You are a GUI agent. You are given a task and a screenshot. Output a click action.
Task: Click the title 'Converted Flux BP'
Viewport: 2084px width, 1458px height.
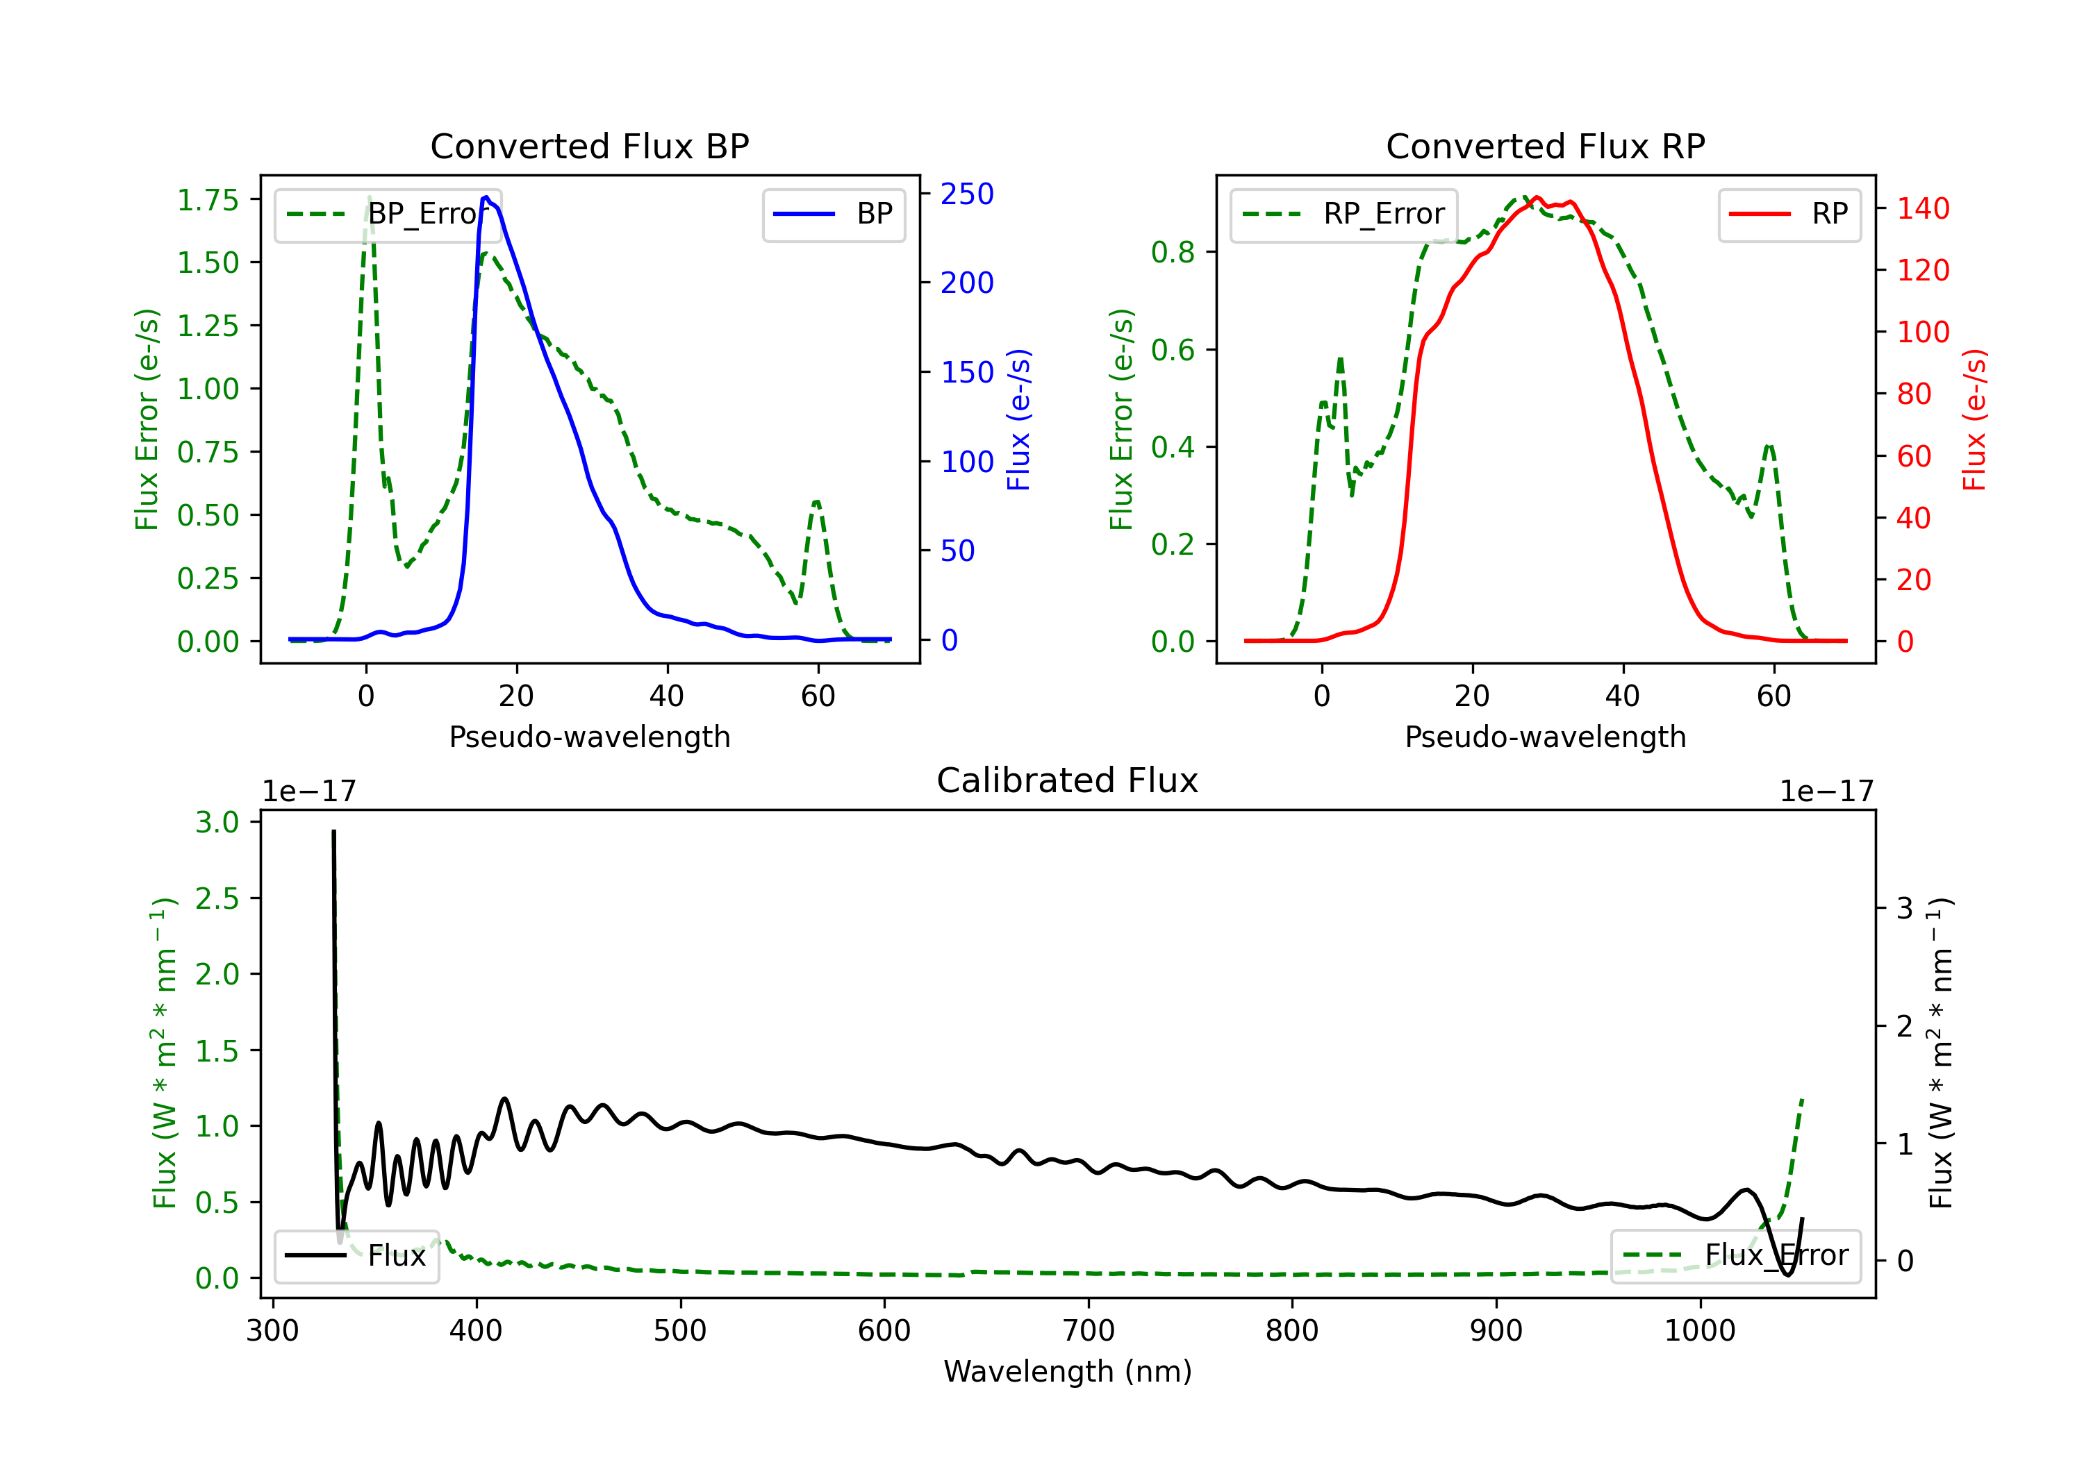tap(589, 146)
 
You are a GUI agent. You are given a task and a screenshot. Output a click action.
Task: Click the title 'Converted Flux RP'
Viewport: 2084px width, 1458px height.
tap(1545, 146)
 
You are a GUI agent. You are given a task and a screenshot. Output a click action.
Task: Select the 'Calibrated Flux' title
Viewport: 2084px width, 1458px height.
tap(1068, 780)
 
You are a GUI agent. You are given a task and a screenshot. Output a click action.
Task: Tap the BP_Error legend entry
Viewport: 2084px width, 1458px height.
tap(388, 214)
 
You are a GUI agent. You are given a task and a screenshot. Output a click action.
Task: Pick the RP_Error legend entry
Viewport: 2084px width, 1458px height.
tap(1343, 214)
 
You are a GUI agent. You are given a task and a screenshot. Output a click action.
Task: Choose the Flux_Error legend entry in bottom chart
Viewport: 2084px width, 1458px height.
tap(1735, 1256)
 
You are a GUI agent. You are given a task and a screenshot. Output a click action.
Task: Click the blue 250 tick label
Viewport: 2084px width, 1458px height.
tap(967, 194)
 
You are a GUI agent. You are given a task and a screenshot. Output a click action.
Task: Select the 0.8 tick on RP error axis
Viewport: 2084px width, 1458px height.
tap(1173, 252)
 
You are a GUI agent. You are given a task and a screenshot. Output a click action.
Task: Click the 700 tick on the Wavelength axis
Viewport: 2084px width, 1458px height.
tap(1089, 1331)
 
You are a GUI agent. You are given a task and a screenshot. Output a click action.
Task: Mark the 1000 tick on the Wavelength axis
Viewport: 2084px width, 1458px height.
tap(1700, 1331)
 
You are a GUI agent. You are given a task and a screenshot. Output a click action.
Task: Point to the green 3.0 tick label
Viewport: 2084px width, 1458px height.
tap(217, 822)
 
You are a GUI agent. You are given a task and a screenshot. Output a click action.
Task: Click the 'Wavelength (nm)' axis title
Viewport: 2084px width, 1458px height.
tap(1068, 1372)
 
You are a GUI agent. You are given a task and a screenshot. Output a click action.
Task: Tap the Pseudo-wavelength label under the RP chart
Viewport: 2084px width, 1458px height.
tap(1545, 737)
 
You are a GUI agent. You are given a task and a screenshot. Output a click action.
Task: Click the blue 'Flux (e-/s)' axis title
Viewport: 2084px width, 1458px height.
tap(1018, 419)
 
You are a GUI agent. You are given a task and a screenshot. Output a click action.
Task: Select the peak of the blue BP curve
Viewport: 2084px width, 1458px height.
tap(486, 197)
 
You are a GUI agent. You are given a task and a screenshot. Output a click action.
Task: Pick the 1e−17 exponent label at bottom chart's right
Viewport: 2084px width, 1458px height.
tap(1826, 792)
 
